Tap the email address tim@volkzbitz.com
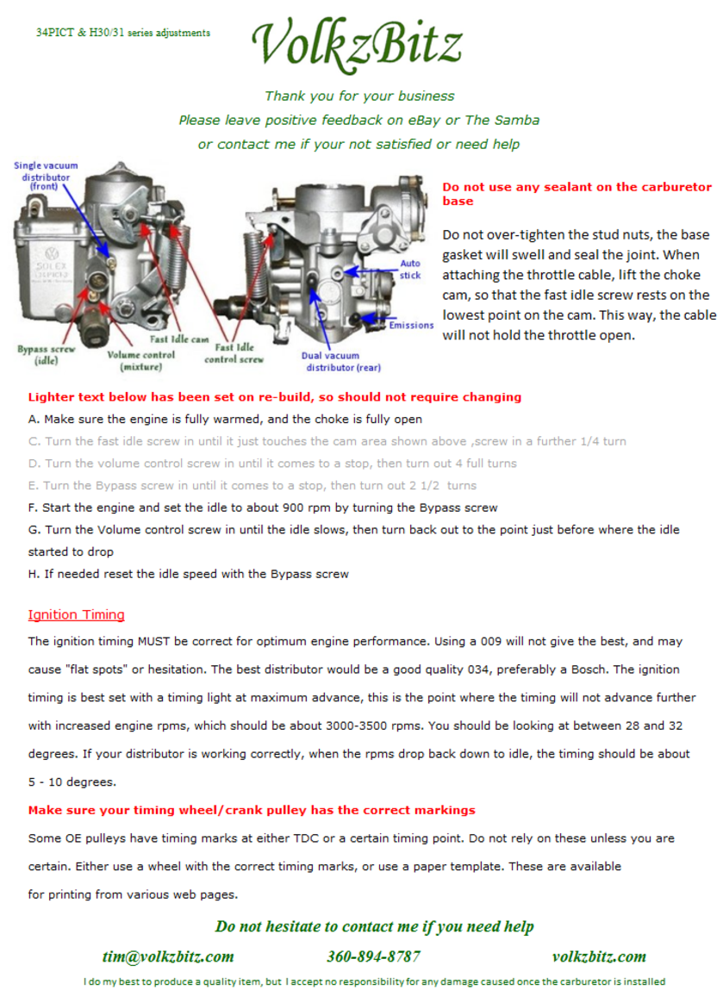(x=168, y=956)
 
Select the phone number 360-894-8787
(x=373, y=956)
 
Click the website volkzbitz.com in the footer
(x=599, y=956)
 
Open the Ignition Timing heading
(x=77, y=614)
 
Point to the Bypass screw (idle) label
(x=46, y=355)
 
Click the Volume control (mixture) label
(x=140, y=360)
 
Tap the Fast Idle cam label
(x=179, y=339)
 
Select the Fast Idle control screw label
(x=234, y=353)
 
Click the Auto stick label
(x=410, y=269)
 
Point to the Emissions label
(x=411, y=325)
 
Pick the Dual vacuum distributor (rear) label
(x=341, y=361)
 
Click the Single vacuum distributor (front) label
(x=46, y=176)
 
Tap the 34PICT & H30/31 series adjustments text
(x=123, y=32)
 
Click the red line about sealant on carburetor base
(x=577, y=194)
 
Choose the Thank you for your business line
(x=359, y=96)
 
